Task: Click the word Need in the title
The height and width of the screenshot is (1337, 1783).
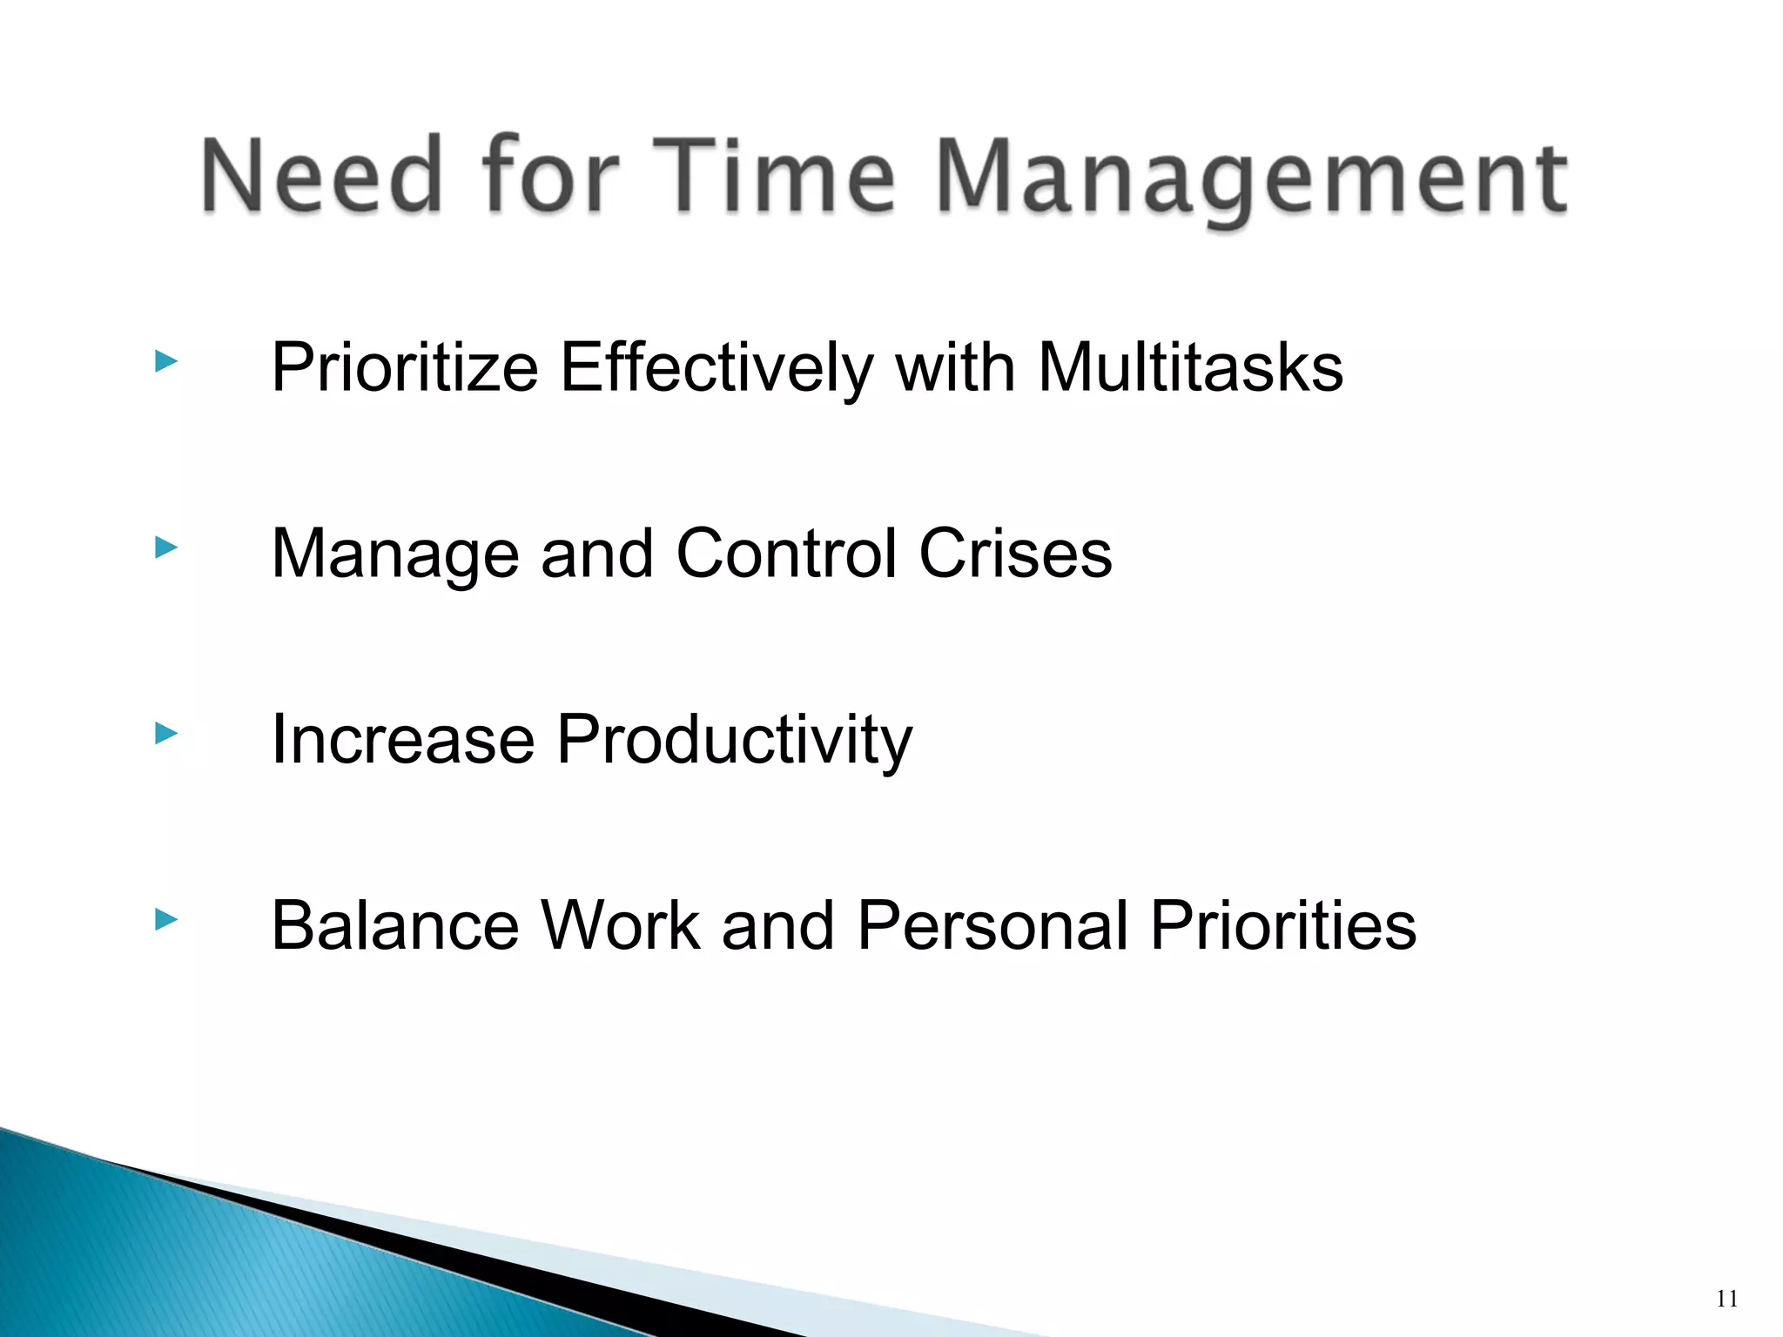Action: pyautogui.click(x=322, y=176)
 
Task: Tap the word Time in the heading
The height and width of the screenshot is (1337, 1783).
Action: pyautogui.click(x=781, y=176)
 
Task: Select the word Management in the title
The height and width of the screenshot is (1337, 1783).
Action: pyautogui.click(x=1251, y=178)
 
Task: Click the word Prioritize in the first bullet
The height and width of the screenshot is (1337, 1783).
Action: pyautogui.click(x=405, y=368)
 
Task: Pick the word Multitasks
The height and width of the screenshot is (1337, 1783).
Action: pyautogui.click(x=1190, y=368)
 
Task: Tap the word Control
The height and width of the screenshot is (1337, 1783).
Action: pyautogui.click(x=786, y=554)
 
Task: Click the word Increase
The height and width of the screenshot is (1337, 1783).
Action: pyautogui.click(x=403, y=740)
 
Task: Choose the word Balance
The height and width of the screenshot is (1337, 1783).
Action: pyautogui.click(x=396, y=925)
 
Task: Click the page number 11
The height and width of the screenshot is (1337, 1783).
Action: pyautogui.click(x=1727, y=1300)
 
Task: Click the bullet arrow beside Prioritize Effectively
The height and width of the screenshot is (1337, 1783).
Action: pyautogui.click(x=165, y=361)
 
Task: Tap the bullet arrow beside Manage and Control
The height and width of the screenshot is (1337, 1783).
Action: pyautogui.click(x=165, y=548)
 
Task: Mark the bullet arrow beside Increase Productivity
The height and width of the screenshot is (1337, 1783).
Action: pyautogui.click(x=165, y=734)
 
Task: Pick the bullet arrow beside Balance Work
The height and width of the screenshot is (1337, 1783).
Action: pyautogui.click(x=165, y=919)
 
